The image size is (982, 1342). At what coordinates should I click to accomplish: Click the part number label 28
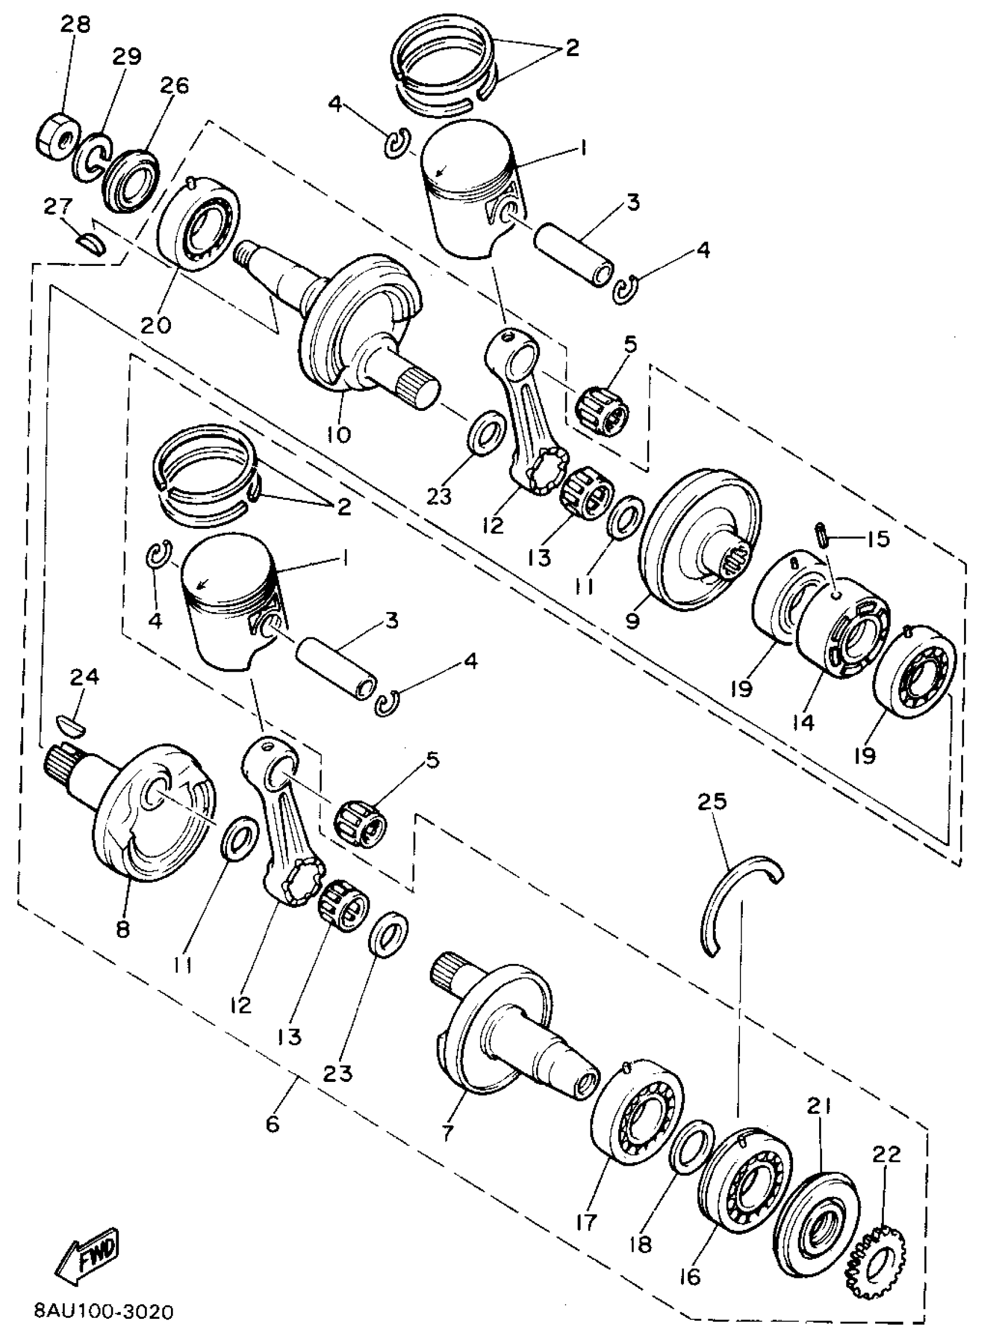(x=75, y=25)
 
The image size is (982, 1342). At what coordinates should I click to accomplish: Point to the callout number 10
(x=339, y=435)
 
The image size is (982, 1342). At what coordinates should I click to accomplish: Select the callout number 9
(x=633, y=621)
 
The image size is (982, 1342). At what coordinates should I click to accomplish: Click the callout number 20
(x=156, y=325)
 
